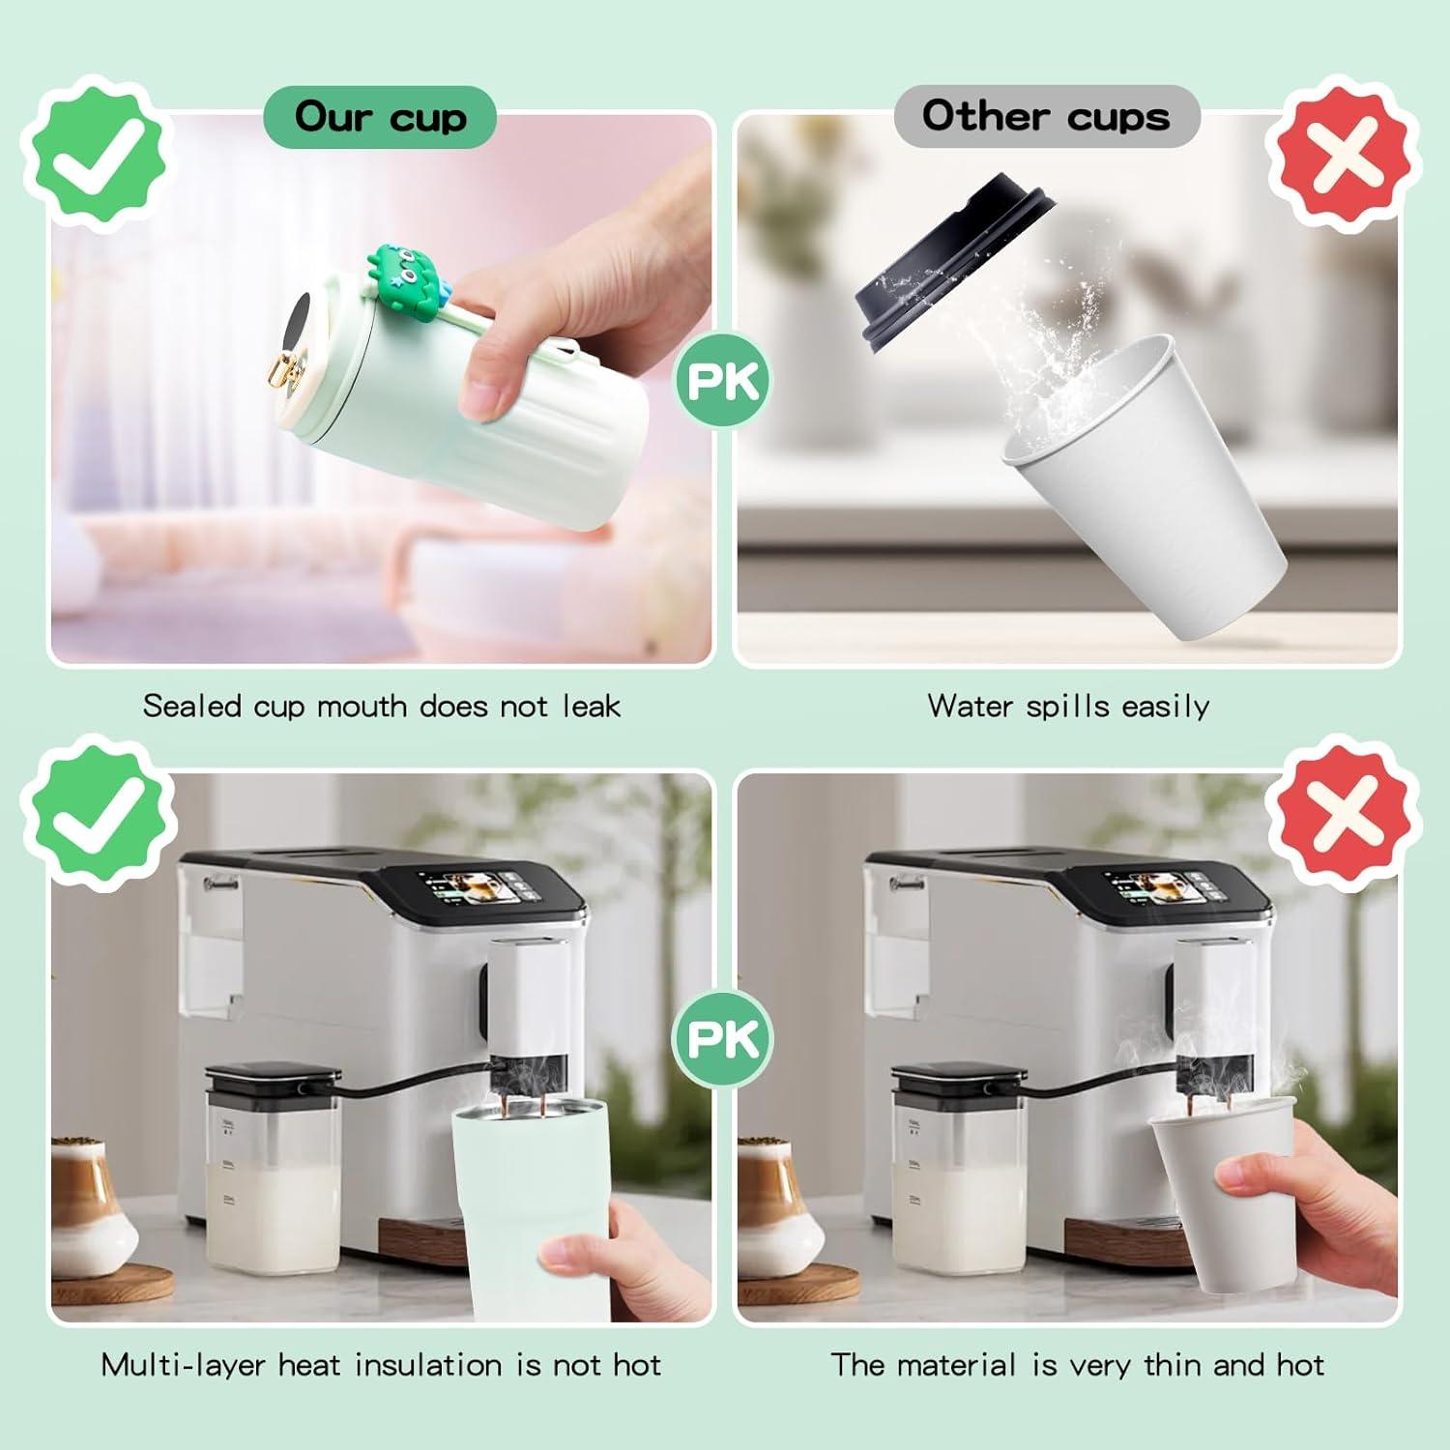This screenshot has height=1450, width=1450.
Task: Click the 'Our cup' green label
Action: coord(380,117)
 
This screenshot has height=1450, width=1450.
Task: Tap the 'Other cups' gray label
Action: coord(1046,116)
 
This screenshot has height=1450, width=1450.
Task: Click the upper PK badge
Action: coord(723,380)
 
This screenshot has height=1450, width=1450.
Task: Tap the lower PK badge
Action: coord(723,1039)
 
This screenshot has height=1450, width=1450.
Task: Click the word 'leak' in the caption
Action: coord(591,706)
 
